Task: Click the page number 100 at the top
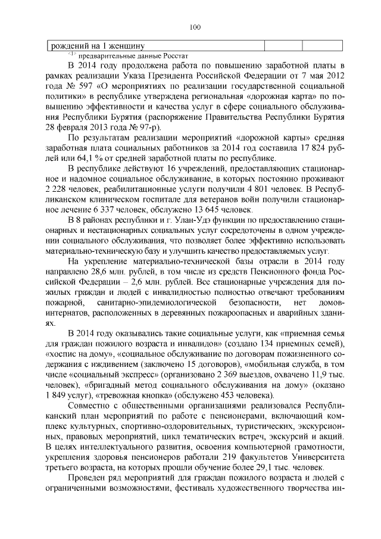[195, 26]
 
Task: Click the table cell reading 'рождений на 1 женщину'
[98, 45]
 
